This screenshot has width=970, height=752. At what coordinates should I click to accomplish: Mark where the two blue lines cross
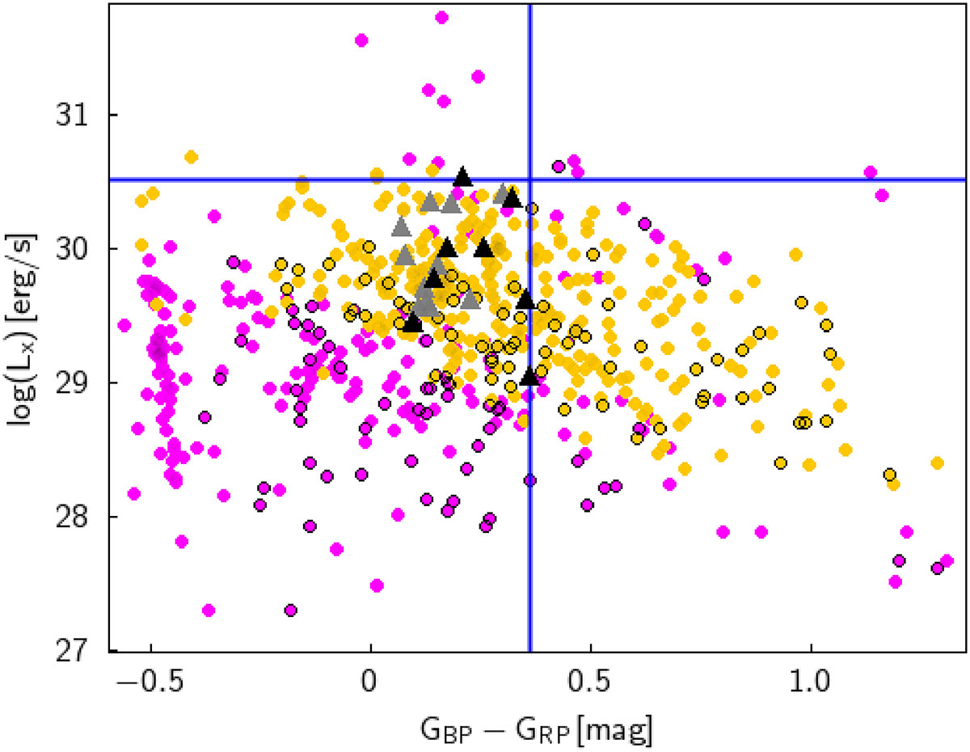(x=529, y=180)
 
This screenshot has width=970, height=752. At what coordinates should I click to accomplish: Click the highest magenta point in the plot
(x=441, y=16)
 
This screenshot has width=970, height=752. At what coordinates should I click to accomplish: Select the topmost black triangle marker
(x=462, y=176)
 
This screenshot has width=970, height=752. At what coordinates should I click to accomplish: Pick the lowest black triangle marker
(x=529, y=376)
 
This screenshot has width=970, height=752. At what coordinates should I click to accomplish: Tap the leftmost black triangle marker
(x=413, y=323)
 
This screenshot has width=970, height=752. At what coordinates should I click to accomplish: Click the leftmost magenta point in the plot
(x=124, y=325)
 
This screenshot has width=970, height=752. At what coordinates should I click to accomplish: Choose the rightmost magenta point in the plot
(x=947, y=560)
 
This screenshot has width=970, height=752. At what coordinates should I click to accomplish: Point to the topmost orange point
(x=191, y=156)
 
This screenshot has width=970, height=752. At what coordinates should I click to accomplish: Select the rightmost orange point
(x=937, y=463)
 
